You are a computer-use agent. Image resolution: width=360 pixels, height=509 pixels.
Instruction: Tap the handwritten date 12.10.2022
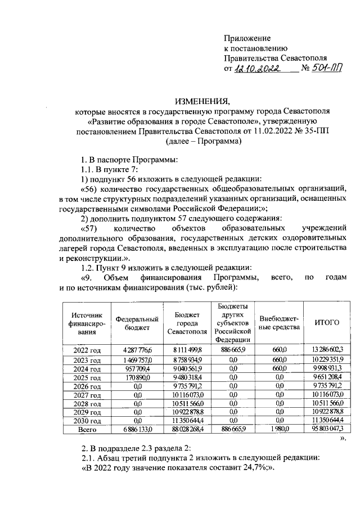click(x=258, y=69)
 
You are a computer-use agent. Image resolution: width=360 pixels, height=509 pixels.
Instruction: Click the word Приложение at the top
click(x=247, y=38)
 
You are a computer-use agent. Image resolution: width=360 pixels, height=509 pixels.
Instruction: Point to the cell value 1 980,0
click(x=280, y=429)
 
